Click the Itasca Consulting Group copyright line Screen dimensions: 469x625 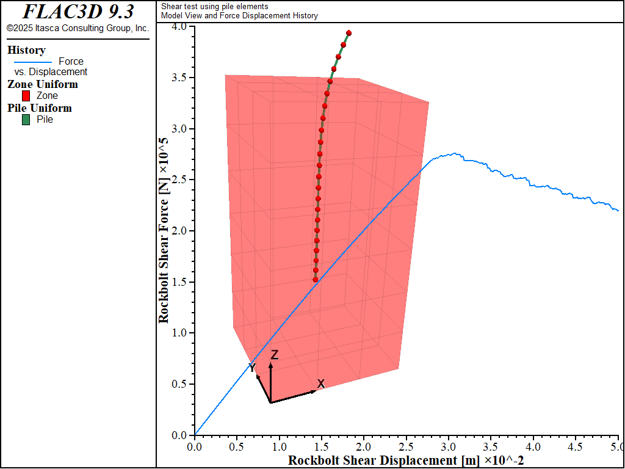[x=78, y=28]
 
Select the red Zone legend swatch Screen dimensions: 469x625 [x=26, y=96]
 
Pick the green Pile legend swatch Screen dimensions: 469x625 [x=26, y=120]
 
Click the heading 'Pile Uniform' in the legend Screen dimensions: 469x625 [x=40, y=108]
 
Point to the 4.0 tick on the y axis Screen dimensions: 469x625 [x=179, y=27]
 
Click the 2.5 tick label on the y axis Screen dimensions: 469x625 [x=179, y=180]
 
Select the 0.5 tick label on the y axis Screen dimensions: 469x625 [x=179, y=384]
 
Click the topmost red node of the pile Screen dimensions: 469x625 [x=349, y=33]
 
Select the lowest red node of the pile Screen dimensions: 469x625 [x=316, y=280]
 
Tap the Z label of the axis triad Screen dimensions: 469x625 [x=275, y=355]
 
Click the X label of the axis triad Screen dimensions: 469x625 [x=321, y=384]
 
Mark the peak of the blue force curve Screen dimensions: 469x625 [x=453, y=154]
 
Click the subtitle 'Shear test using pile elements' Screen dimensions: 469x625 [x=214, y=6]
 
